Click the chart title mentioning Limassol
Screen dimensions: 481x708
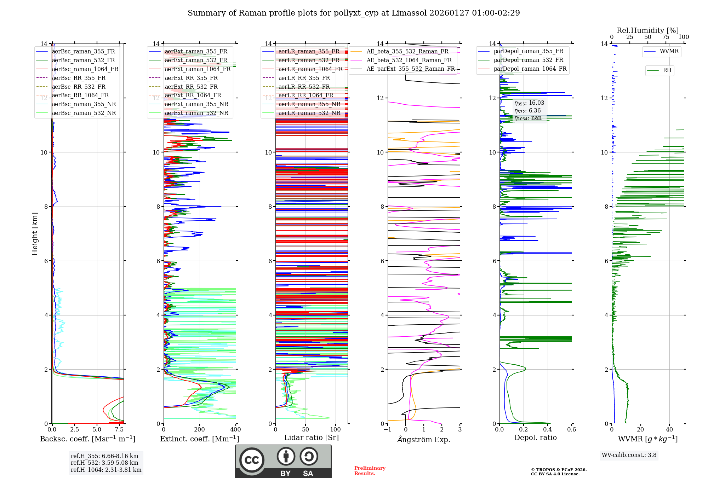[x=354, y=13]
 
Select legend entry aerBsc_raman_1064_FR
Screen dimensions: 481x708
[x=85, y=69]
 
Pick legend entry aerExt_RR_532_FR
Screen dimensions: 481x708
[x=191, y=87]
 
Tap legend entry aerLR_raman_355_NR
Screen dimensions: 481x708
[x=309, y=104]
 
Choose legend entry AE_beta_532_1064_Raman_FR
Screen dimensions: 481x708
[x=409, y=60]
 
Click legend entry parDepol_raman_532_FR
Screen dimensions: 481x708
[x=528, y=60]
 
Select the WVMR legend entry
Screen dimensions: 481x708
[x=669, y=51]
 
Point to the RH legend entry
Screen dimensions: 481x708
[x=667, y=70]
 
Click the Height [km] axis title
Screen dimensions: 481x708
[x=35, y=233]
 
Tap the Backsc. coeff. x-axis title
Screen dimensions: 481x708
[x=87, y=439]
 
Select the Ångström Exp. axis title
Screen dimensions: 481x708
[x=424, y=440]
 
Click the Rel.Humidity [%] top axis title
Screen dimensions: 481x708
[x=647, y=30]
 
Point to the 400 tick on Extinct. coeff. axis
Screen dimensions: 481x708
[x=235, y=430]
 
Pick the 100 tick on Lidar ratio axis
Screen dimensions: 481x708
[x=335, y=430]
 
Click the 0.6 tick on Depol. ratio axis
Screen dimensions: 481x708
[x=571, y=430]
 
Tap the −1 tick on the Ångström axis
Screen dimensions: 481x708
[x=387, y=430]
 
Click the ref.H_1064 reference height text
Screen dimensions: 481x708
[x=106, y=470]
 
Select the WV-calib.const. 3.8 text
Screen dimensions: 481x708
[x=629, y=455]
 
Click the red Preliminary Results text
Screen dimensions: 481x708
[x=370, y=471]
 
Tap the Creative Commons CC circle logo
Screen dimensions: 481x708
[x=252, y=460]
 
